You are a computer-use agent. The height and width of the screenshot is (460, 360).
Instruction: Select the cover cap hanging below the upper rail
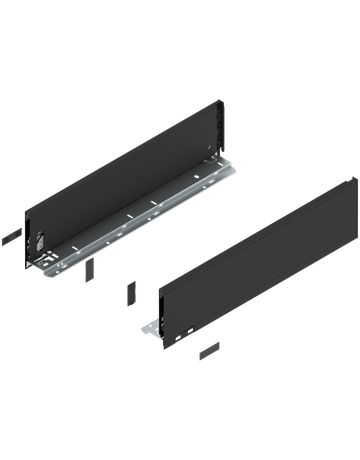tap(89, 271)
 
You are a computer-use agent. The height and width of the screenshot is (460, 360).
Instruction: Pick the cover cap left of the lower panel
tap(132, 292)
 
